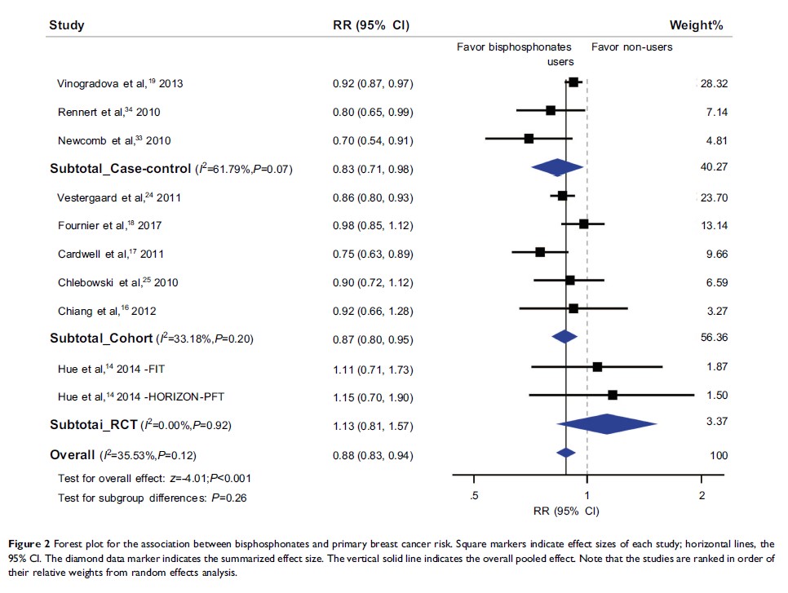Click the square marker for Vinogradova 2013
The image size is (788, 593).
pos(573,82)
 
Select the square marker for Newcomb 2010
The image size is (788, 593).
pos(529,139)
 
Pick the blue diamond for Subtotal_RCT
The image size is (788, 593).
pos(607,425)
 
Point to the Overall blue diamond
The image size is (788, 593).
pos(565,453)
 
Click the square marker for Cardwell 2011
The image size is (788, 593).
pos(540,252)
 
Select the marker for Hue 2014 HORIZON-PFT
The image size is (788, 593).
pos(613,395)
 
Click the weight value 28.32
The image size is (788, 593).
pos(715,83)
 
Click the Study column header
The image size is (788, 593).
pos(67,25)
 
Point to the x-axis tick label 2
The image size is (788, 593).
pos(702,497)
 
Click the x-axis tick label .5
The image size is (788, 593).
pos(473,497)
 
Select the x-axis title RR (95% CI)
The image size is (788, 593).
pos(564,511)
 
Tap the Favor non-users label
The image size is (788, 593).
pos(631,47)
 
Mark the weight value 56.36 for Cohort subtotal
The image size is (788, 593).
pos(715,338)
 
